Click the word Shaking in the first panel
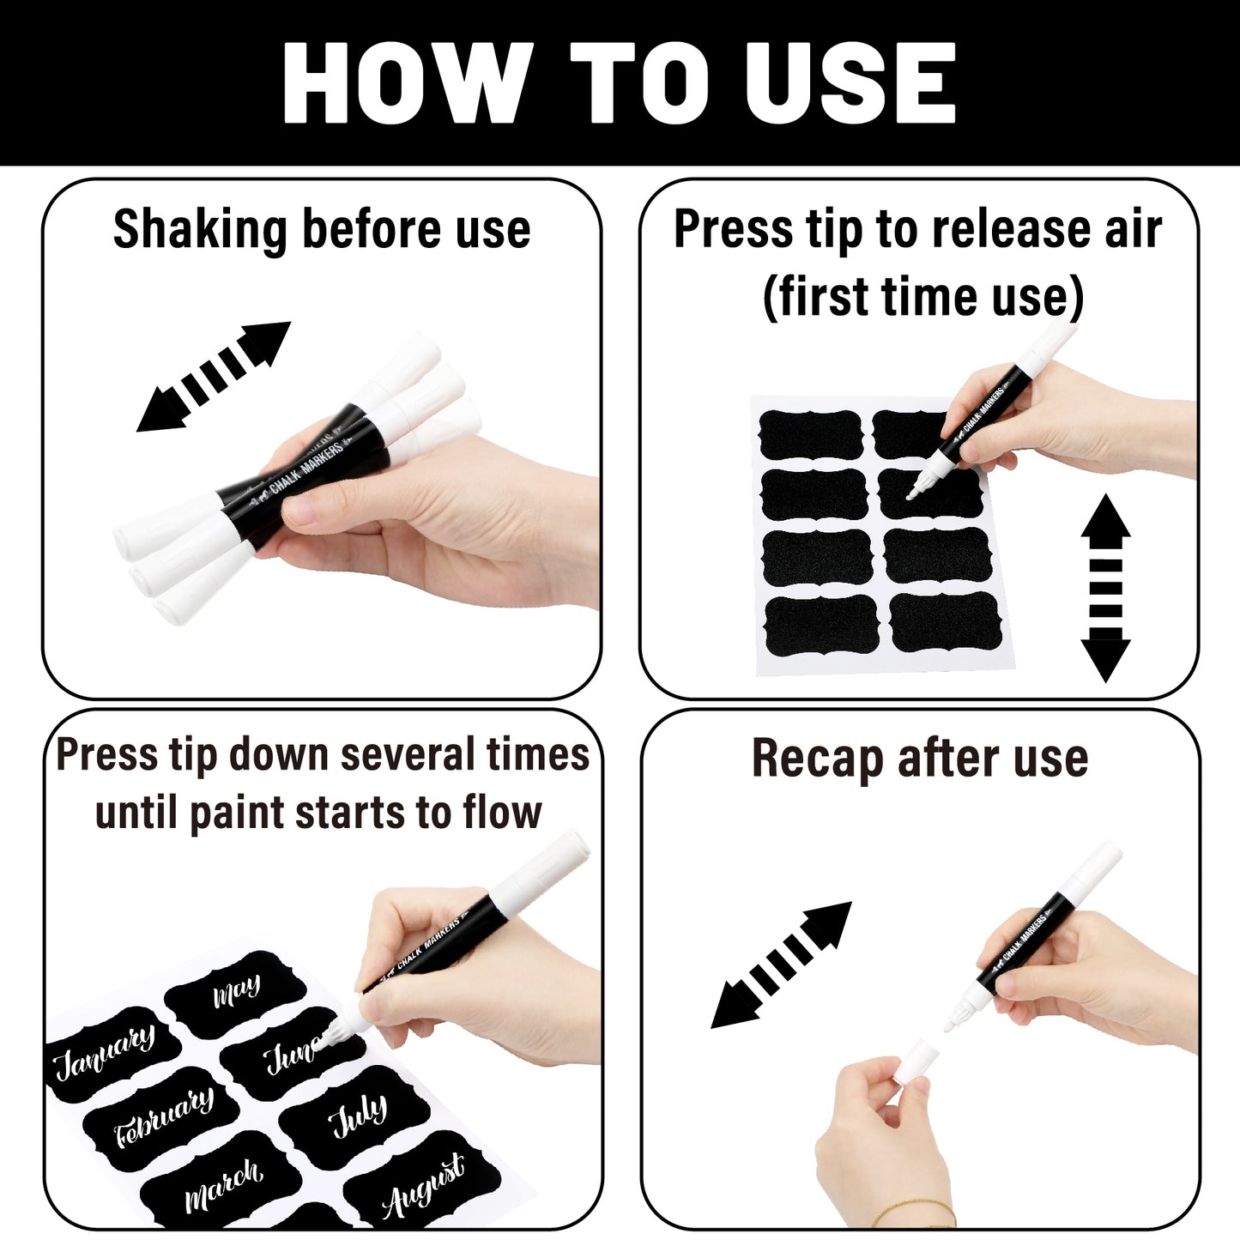(x=200, y=231)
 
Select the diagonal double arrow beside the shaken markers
(x=214, y=377)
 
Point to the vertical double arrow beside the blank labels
(x=1105, y=588)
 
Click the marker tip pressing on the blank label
(x=913, y=494)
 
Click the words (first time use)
(x=922, y=297)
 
